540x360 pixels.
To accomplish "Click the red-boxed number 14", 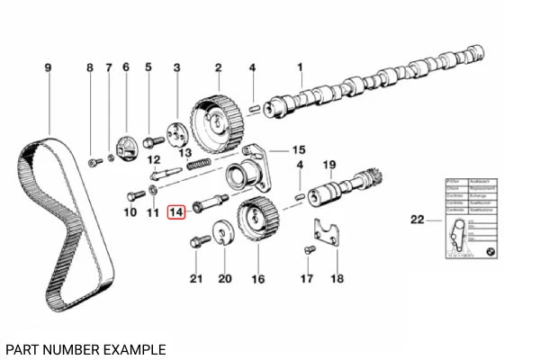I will [176, 212].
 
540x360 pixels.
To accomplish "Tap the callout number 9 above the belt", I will [49, 67].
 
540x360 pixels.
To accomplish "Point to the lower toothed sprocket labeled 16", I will [254, 220].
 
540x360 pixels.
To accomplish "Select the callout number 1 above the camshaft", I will [301, 67].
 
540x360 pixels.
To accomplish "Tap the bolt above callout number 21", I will [199, 241].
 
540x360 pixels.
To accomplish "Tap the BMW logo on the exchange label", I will [490, 251].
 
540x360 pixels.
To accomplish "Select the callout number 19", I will [330, 164].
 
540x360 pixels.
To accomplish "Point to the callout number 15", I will [299, 149].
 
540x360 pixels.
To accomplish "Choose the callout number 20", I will [224, 279].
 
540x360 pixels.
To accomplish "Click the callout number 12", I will [154, 158].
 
